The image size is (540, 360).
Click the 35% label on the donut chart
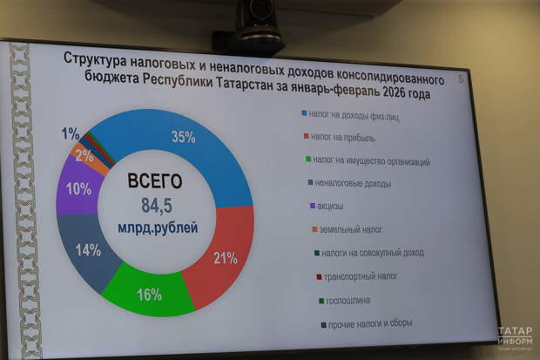coord(183,137)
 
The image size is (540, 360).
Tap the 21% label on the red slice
coord(226,257)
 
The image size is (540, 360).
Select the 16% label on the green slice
coord(149,295)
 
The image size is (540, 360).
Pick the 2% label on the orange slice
coord(84,156)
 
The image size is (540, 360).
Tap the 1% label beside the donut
coord(71,133)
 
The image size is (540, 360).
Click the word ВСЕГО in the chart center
coord(154,182)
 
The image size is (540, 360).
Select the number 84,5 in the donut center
coord(158,206)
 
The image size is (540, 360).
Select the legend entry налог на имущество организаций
coord(370,161)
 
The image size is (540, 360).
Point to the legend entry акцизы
coord(330,207)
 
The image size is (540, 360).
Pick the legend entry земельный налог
coord(351,231)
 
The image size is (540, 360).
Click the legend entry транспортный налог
coord(360,278)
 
